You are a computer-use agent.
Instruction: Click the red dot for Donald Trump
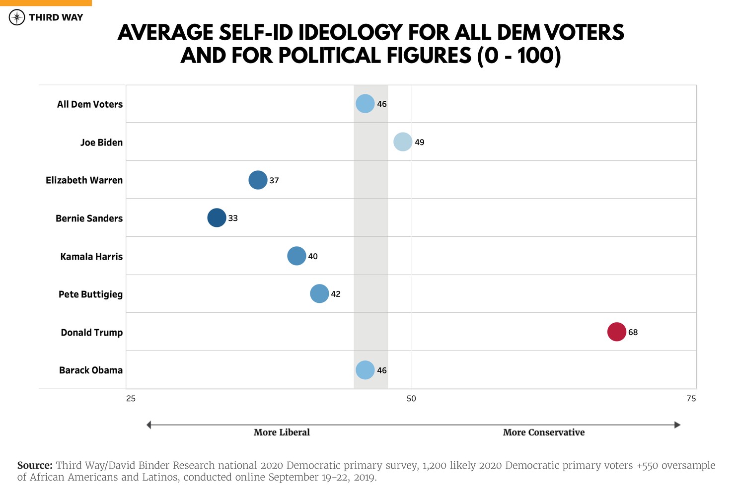coord(616,332)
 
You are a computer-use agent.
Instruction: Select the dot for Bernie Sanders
coord(217,218)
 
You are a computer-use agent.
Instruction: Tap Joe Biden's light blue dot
coord(403,142)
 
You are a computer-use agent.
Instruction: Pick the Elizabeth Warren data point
coord(258,180)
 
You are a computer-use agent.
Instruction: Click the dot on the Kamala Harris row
coord(296,256)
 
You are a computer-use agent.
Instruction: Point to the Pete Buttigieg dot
coord(319,293)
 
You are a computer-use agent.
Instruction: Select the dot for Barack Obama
coord(365,370)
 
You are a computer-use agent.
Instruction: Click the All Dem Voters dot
coord(365,104)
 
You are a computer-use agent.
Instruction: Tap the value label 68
coord(633,332)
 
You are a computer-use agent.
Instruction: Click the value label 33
coord(233,218)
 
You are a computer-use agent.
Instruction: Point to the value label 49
coord(420,142)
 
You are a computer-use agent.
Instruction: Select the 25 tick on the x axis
coord(131,398)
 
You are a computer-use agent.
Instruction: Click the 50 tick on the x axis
coord(411,398)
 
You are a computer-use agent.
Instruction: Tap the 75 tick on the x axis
coord(691,398)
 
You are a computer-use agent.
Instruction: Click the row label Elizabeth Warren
coord(84,180)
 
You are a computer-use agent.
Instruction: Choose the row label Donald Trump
coord(91,333)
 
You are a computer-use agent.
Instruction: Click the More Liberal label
coord(282,432)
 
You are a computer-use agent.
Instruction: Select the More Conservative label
coord(544,432)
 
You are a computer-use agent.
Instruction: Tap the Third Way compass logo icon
coord(17,18)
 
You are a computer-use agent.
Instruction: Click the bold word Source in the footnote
coord(35,466)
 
